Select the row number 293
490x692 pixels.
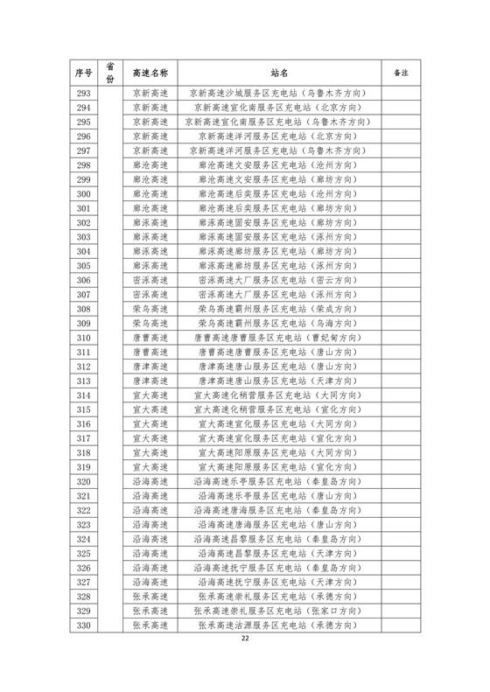pos(83,93)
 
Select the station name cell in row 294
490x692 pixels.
pos(279,107)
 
